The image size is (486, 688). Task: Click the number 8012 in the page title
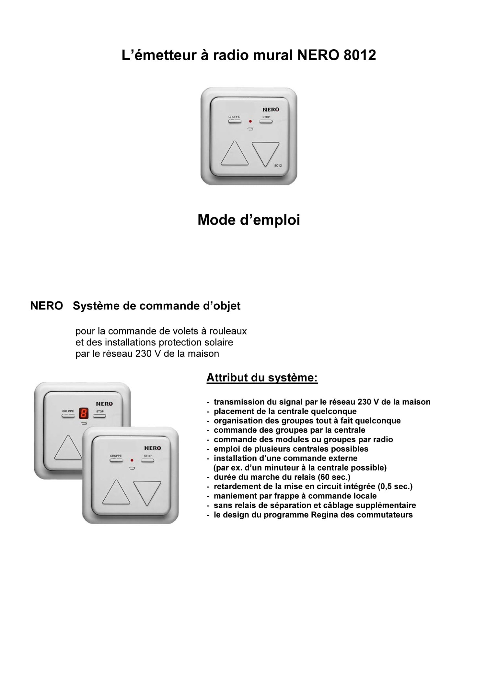(360, 55)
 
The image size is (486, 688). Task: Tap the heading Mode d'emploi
(249, 220)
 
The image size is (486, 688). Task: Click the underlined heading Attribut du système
(262, 378)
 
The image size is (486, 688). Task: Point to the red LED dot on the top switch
(250, 122)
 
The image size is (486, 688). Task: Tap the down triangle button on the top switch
(265, 152)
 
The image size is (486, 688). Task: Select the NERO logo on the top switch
(271, 110)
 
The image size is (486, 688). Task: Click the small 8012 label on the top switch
(278, 166)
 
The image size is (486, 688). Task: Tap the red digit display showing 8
(84, 413)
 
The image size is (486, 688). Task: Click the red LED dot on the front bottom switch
(132, 460)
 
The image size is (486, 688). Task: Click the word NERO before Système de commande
(47, 306)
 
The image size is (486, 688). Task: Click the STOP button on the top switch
(266, 122)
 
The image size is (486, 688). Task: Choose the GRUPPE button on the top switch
(235, 122)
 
